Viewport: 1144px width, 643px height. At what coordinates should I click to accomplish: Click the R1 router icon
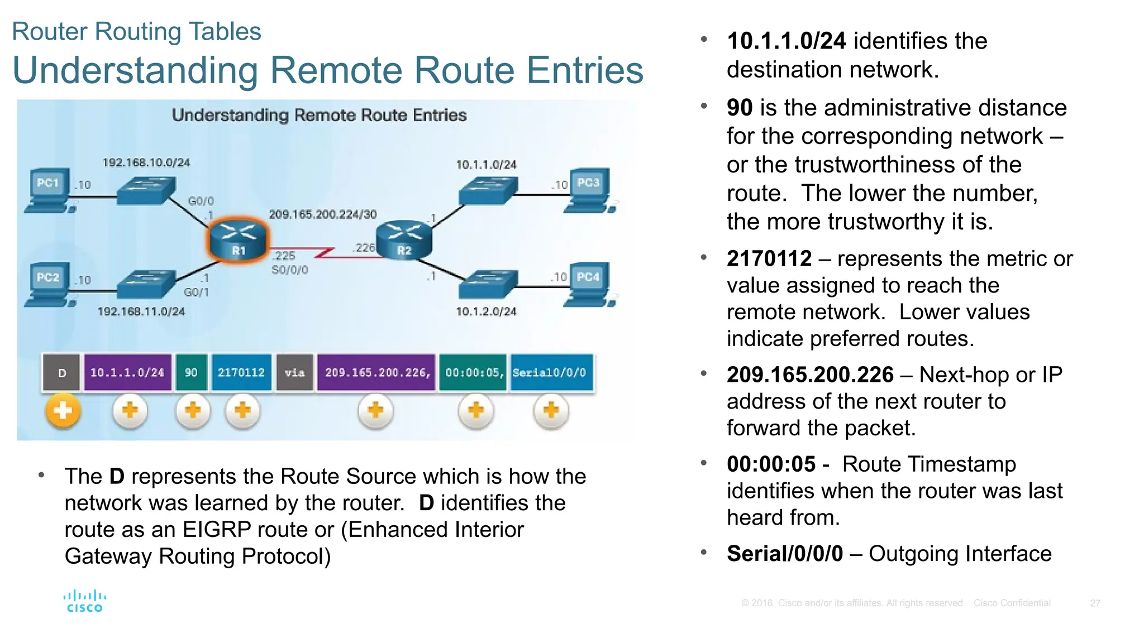pos(239,239)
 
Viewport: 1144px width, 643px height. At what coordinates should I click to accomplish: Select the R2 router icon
pos(404,240)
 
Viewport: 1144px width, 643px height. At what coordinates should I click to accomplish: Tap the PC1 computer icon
pos(50,190)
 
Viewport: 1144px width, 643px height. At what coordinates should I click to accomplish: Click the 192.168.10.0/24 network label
pos(146,162)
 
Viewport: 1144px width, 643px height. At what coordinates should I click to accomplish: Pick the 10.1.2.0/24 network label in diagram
pos(486,311)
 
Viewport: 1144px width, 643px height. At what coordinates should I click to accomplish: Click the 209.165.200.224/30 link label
pos(322,214)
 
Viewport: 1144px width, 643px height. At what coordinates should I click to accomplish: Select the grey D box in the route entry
pos(62,373)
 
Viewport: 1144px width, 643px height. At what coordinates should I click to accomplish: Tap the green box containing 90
pos(191,372)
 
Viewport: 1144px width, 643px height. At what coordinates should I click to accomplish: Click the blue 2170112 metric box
pos(241,372)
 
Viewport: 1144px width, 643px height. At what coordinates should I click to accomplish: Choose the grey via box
pos(294,372)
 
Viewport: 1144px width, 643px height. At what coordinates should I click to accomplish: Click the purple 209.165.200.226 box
pos(376,372)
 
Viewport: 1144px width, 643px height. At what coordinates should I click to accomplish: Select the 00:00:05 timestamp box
pos(474,372)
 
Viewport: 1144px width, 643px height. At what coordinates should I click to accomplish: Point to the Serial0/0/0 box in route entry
pos(550,372)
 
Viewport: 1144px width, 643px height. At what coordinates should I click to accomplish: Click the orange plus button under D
pos(63,411)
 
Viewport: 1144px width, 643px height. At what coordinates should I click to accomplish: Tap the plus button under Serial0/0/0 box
pos(551,411)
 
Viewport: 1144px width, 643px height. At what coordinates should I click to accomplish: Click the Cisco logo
pos(85,601)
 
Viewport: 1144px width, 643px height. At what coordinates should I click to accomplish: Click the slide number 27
pos(1095,603)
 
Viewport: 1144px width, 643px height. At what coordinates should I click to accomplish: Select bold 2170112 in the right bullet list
pos(769,259)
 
